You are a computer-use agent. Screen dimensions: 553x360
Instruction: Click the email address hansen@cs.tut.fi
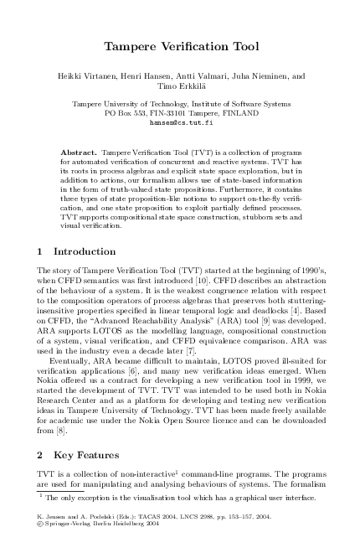tap(180, 121)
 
